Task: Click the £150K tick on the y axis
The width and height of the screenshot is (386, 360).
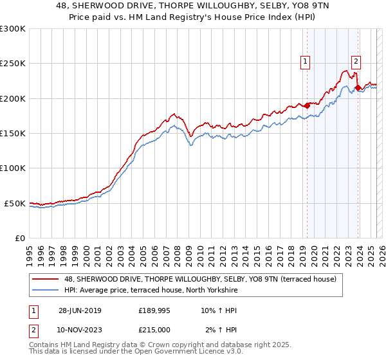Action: (x=13, y=134)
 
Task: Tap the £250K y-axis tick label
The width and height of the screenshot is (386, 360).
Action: (x=13, y=64)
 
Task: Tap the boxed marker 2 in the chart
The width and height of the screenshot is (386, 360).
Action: (x=356, y=62)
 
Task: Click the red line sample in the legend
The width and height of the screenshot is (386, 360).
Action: (x=46, y=279)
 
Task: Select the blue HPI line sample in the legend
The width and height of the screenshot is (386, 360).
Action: (x=46, y=291)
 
